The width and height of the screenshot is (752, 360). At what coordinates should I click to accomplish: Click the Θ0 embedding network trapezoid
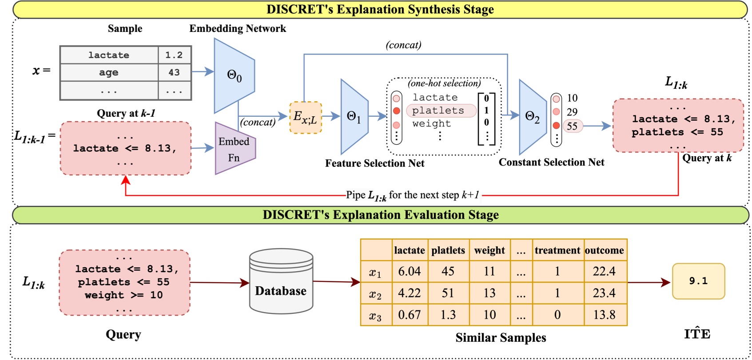(234, 75)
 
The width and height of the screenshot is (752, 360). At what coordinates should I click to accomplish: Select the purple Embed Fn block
(235, 149)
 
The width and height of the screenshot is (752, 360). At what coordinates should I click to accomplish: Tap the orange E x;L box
(305, 118)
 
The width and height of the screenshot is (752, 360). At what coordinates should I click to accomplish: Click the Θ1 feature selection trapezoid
(354, 117)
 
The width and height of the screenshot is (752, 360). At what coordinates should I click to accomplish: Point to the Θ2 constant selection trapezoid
(532, 117)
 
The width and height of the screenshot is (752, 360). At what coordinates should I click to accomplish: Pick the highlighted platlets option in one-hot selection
(438, 111)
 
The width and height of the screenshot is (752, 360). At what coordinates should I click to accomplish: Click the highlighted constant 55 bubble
(572, 126)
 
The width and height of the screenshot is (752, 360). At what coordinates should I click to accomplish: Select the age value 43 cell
(174, 72)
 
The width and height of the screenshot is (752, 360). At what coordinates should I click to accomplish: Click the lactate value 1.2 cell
(174, 55)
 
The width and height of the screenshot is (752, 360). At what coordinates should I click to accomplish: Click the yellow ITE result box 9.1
(698, 281)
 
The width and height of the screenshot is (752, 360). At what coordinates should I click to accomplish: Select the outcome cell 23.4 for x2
(604, 293)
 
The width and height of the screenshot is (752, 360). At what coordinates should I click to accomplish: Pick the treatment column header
(557, 250)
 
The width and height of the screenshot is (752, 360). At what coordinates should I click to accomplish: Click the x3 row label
(375, 316)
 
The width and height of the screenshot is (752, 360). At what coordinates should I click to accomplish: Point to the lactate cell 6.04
(409, 271)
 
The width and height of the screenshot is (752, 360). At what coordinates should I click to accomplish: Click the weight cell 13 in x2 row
(489, 293)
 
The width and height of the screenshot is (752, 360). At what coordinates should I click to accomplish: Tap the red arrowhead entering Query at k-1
(126, 180)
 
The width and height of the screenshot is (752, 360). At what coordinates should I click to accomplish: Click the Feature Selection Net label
(374, 163)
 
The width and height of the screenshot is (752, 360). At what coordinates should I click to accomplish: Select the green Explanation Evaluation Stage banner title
(381, 215)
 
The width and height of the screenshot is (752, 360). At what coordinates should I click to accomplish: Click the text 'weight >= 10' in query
(123, 295)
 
